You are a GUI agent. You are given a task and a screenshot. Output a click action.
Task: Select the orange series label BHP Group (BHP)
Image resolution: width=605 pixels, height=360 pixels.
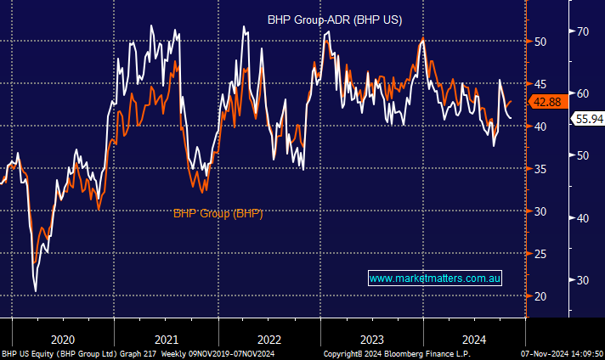point(218,213)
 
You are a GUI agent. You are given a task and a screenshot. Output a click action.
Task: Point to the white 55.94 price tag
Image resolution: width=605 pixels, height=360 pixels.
point(587,120)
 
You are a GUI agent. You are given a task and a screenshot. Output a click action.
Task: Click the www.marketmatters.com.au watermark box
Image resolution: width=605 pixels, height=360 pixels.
point(436,278)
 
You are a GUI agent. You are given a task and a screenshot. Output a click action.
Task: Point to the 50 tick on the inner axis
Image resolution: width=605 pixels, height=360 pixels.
point(540,41)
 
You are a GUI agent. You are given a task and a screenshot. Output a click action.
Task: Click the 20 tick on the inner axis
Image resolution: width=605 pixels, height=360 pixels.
point(540,295)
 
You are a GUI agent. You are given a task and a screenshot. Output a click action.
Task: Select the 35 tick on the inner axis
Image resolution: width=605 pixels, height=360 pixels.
point(540,168)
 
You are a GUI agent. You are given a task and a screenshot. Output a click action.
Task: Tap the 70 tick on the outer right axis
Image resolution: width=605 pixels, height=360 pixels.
point(583,31)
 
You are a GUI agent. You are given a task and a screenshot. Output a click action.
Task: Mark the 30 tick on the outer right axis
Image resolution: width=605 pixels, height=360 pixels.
point(583,280)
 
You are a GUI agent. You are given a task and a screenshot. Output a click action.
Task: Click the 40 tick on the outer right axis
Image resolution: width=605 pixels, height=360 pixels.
point(583,218)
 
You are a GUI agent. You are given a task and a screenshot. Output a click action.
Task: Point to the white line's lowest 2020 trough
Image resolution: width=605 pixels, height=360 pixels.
point(36,291)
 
